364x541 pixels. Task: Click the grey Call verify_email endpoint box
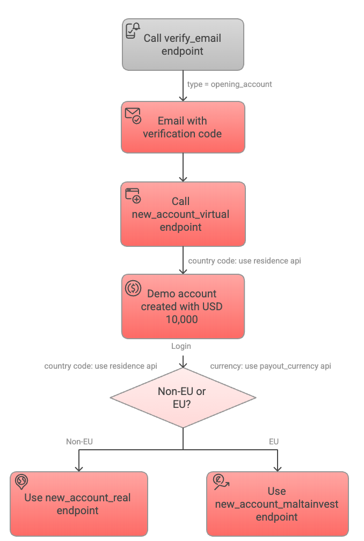(183, 45)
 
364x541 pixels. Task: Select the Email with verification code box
(183, 127)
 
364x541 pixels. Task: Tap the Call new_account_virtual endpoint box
(183, 214)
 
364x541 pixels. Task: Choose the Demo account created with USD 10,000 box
(183, 306)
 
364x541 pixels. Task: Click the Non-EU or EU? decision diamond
(183, 398)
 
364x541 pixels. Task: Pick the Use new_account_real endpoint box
(78, 504)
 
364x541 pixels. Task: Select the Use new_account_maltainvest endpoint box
(277, 504)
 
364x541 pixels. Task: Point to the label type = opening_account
(229, 84)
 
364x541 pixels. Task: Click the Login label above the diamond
(181, 346)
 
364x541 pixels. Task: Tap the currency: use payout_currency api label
(271, 366)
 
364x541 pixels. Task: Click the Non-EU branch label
(79, 442)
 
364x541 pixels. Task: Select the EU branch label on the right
(274, 442)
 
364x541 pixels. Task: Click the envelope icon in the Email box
(133, 115)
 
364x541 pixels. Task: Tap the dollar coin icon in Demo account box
(133, 288)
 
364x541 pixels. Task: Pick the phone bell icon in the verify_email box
(133, 30)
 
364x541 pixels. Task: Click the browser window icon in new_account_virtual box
(133, 195)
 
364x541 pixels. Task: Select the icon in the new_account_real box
(22, 482)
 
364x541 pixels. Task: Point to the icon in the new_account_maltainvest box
(220, 482)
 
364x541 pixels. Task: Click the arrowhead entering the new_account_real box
(79, 468)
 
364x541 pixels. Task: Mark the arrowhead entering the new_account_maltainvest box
(278, 468)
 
